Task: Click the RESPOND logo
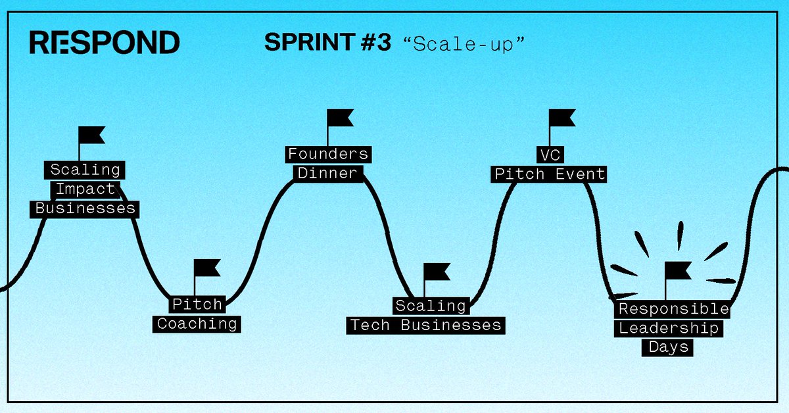(105, 42)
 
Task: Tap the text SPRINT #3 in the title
(327, 43)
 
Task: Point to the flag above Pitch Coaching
(208, 268)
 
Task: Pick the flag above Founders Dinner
(341, 118)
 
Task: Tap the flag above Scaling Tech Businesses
(437, 271)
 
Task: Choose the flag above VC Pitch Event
(563, 118)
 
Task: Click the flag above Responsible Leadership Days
(678, 270)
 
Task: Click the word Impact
(85, 189)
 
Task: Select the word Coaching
(197, 324)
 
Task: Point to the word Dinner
(327, 174)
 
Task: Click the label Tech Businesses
(425, 325)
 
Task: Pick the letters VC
(548, 155)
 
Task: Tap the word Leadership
(669, 328)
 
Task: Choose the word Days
(668, 347)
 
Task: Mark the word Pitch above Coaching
(197, 305)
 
